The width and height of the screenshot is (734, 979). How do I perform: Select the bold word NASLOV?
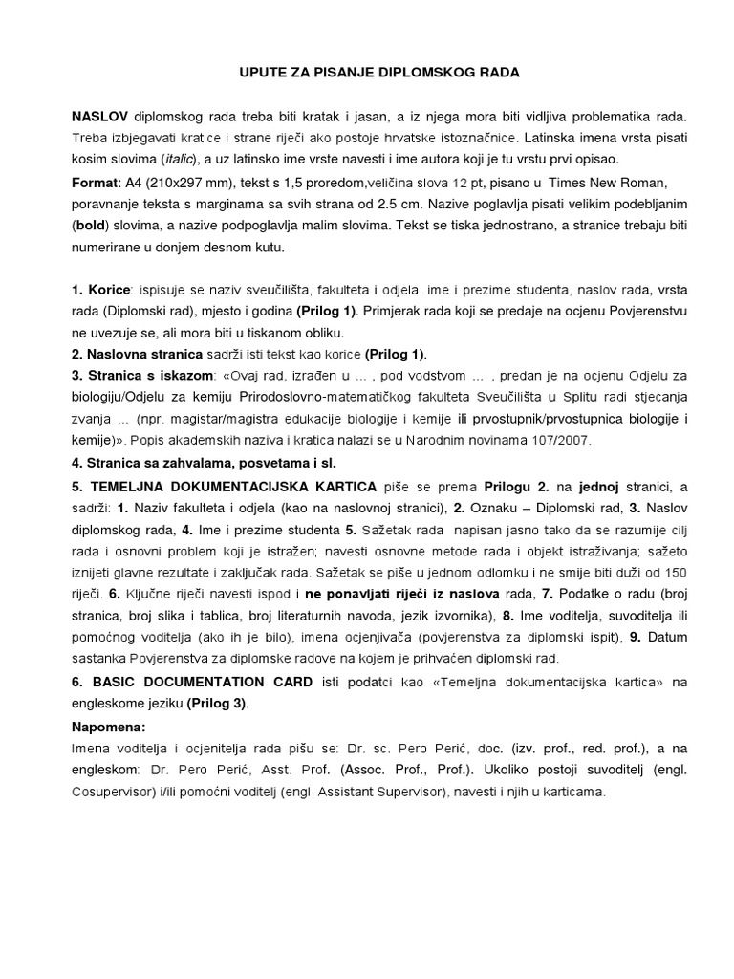click(99, 116)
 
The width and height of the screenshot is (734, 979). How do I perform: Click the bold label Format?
click(93, 182)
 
